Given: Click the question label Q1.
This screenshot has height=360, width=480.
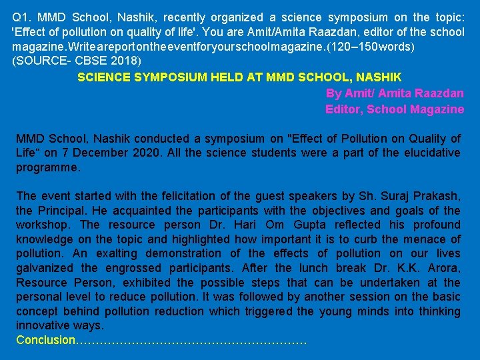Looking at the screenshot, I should [x=22, y=17].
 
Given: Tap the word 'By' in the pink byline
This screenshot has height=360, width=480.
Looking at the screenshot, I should [x=333, y=93].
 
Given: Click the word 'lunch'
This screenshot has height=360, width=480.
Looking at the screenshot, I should [x=336, y=268].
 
